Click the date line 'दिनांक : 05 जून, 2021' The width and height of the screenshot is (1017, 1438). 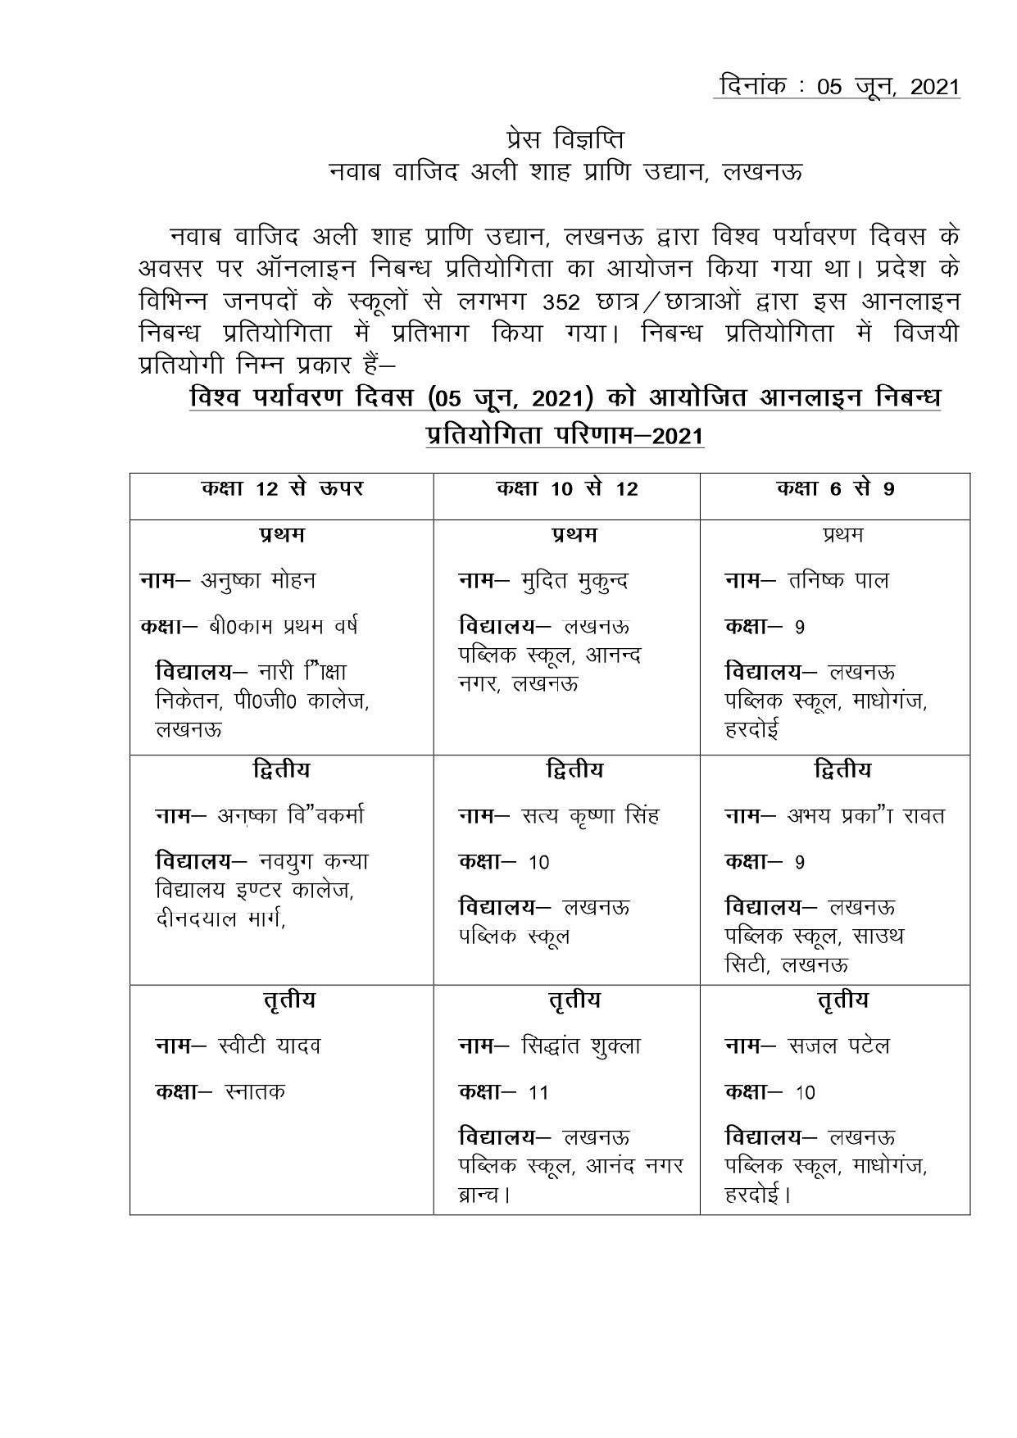click(837, 86)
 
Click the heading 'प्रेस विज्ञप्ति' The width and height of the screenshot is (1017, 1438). click(565, 138)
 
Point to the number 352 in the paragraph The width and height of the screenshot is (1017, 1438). click(561, 303)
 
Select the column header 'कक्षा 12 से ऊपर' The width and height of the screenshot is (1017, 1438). click(282, 489)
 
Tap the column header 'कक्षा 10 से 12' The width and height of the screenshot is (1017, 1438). click(567, 489)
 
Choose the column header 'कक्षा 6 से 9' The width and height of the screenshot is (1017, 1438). click(835, 489)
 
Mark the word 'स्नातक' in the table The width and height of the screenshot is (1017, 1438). click(254, 1092)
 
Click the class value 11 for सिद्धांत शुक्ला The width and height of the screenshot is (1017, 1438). click(538, 1093)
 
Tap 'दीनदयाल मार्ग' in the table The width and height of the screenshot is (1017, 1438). click(219, 919)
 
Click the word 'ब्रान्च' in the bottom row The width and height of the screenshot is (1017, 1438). click(479, 1195)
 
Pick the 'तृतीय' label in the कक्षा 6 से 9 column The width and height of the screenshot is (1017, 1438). click(842, 1000)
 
